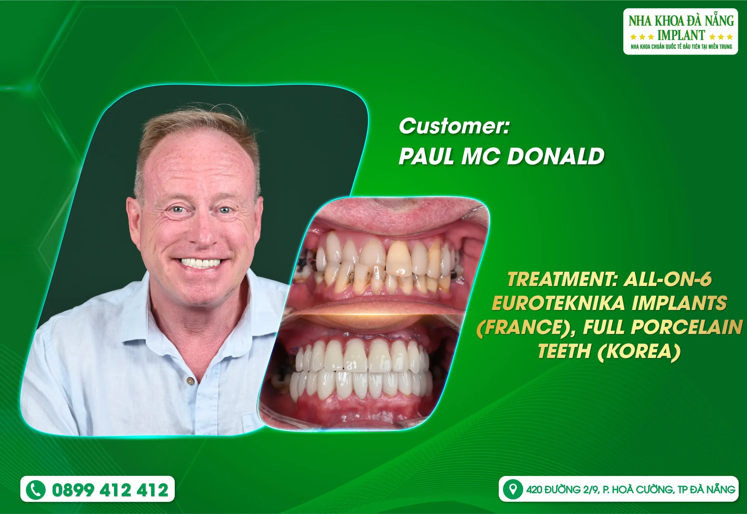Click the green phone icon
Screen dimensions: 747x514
pos(35,490)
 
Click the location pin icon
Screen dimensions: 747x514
pos(513,489)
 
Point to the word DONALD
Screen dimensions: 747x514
pos(555,156)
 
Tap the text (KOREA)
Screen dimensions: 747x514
pos(639,351)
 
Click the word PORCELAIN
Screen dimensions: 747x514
pos(686,327)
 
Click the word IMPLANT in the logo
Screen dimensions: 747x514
pos(681,35)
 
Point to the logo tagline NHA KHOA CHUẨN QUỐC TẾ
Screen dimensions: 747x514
pos(657,47)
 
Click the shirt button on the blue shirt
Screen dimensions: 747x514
pos(191,381)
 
